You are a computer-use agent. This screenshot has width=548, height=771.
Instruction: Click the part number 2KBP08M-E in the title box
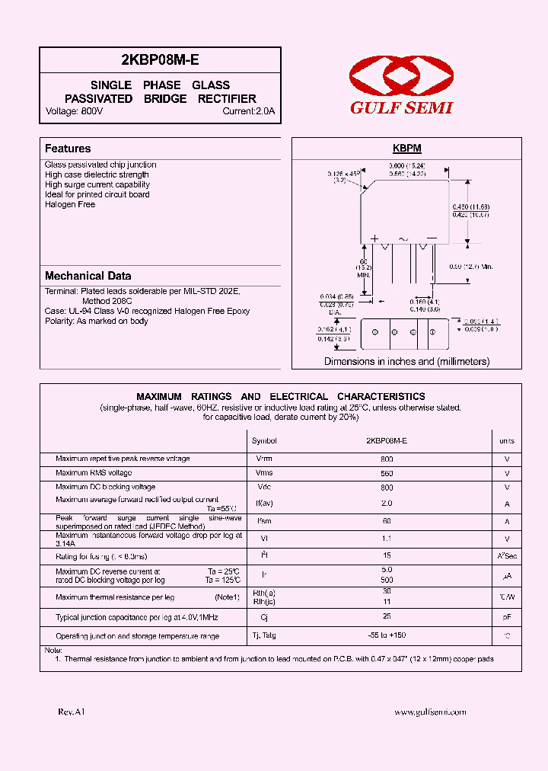coord(161,59)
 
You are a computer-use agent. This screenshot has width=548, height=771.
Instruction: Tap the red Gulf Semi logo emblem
coord(401,76)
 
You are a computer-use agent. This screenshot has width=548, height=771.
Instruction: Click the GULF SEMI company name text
coord(401,108)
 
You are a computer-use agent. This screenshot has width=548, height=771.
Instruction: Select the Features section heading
coord(68,149)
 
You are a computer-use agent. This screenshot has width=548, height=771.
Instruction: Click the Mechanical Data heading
coord(88,276)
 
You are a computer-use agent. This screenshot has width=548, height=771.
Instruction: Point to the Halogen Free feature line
coord(70,204)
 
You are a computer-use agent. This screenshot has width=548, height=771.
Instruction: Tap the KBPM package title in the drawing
coord(407,149)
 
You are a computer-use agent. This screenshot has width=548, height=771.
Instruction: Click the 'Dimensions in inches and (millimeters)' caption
coord(407,361)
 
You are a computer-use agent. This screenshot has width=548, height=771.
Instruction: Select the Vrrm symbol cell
coord(264,459)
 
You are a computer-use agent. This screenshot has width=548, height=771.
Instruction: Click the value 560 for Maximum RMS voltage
coord(387,473)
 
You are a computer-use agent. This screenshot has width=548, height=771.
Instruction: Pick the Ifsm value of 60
coord(387,521)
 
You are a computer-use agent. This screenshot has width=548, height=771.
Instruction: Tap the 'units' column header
coord(507,441)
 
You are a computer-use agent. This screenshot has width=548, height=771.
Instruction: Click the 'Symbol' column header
coord(264,441)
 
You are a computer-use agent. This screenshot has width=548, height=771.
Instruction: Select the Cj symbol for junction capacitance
coord(264,617)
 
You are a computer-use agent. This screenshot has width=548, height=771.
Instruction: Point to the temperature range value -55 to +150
coord(387,635)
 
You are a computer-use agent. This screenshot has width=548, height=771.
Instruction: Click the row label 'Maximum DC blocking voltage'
coord(105,487)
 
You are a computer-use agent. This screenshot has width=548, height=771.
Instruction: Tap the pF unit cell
coord(507,617)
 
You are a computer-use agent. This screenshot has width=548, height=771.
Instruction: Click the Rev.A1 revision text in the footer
coord(72,712)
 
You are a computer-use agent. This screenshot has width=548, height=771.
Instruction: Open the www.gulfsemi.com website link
coord(429,712)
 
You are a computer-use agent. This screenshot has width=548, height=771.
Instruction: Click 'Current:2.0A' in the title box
coord(248,111)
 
